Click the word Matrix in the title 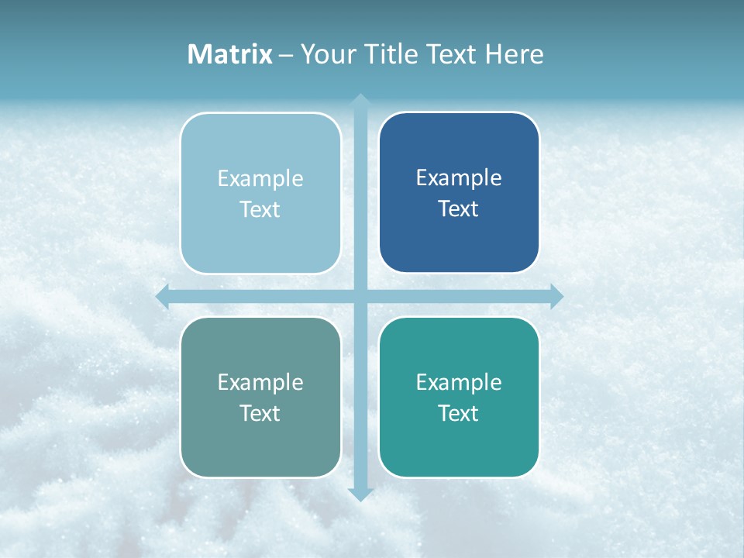pyautogui.click(x=230, y=54)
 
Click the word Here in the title pyautogui.click(x=514, y=54)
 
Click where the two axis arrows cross pyautogui.click(x=360, y=296)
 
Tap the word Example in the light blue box pyautogui.click(x=260, y=179)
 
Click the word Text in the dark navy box pyautogui.click(x=459, y=209)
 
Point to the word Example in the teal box pyautogui.click(x=459, y=382)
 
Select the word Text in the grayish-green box pyautogui.click(x=260, y=414)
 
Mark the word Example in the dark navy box pyautogui.click(x=459, y=178)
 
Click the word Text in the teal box pyautogui.click(x=459, y=414)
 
